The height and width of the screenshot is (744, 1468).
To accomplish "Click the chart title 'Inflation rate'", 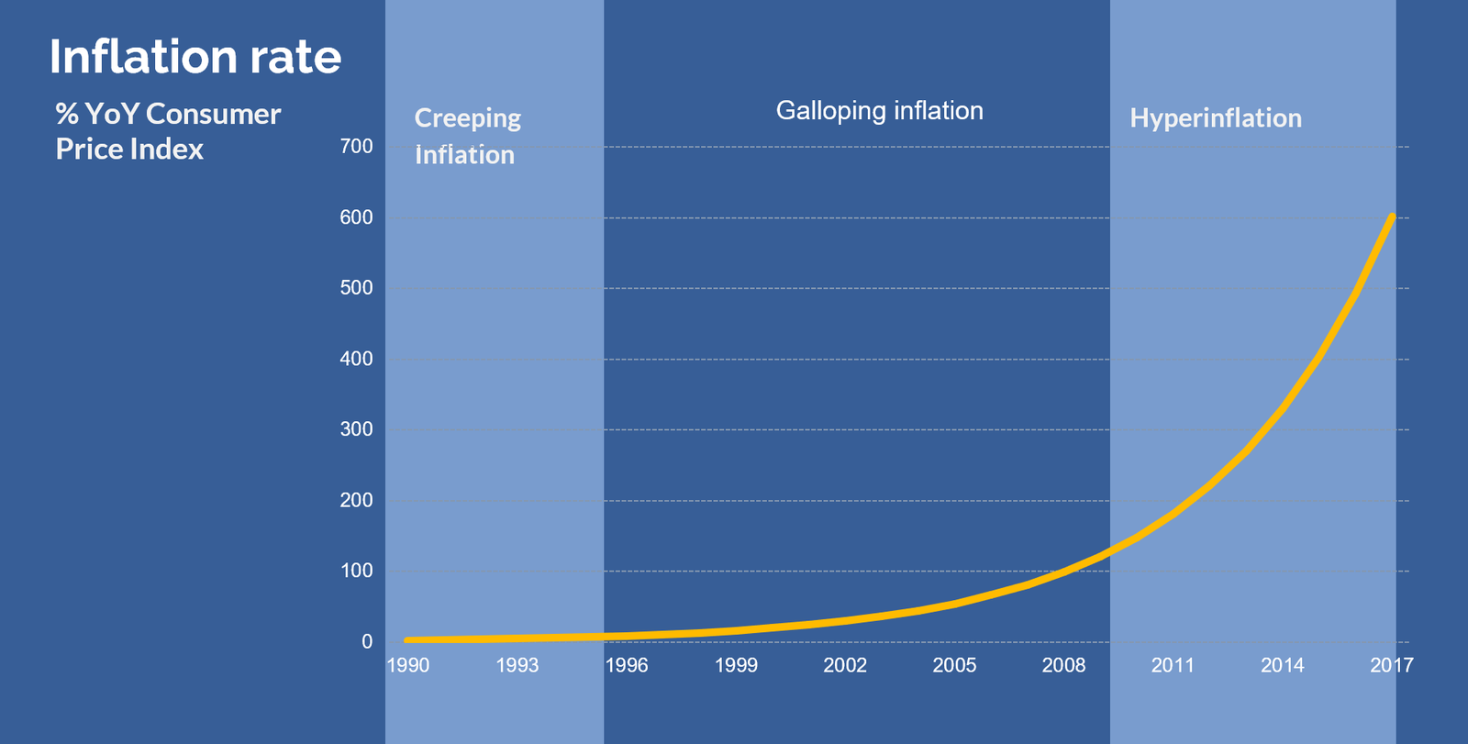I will pyautogui.click(x=195, y=57).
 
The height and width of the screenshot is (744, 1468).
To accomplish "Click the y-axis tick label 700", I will pyautogui.click(x=356, y=147).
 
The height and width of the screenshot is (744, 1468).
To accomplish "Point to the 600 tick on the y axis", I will pyautogui.click(x=356, y=217).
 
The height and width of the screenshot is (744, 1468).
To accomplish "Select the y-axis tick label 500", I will pyautogui.click(x=356, y=288).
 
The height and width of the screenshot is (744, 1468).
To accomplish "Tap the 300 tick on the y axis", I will pyautogui.click(x=356, y=429).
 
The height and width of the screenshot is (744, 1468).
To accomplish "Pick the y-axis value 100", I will pyautogui.click(x=356, y=571).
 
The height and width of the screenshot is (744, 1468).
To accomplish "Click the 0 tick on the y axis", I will pyautogui.click(x=367, y=642).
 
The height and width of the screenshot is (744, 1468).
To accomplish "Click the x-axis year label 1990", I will pyautogui.click(x=407, y=666).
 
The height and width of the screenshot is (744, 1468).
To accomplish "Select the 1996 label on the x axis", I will pyautogui.click(x=627, y=666).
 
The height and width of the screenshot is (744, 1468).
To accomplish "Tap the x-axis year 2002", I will pyautogui.click(x=845, y=666).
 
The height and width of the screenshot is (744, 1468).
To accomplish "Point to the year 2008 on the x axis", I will pyautogui.click(x=1063, y=666).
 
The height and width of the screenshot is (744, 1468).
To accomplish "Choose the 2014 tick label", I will pyautogui.click(x=1282, y=666).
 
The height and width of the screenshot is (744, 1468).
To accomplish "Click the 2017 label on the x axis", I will pyautogui.click(x=1391, y=666).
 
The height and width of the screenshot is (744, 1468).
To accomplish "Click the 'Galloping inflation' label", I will pyautogui.click(x=879, y=111).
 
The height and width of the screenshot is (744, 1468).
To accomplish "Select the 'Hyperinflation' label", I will pyautogui.click(x=1216, y=118).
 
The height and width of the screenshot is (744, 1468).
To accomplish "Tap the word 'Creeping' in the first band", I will pyautogui.click(x=468, y=119).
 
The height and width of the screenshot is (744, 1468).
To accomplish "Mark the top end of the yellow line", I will pyautogui.click(x=1392, y=217).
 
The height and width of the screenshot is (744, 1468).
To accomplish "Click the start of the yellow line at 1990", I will pyautogui.click(x=407, y=640).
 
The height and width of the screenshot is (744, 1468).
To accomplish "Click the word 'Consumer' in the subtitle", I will pyautogui.click(x=213, y=115).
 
